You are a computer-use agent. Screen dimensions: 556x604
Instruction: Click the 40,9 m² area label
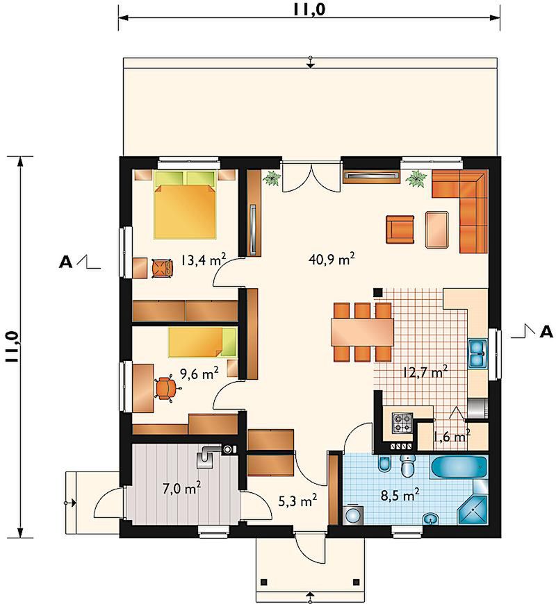tap(332, 259)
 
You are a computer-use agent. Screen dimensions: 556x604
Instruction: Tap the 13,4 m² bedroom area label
tap(203, 260)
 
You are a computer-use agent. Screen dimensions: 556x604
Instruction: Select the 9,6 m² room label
tap(199, 373)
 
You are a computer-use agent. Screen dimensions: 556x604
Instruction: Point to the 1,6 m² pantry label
tap(452, 437)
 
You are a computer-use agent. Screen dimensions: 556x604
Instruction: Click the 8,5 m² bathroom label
tap(400, 495)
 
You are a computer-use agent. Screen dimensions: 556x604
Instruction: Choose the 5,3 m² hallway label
tap(297, 501)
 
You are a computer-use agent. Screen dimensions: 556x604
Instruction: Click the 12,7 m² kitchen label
tap(425, 373)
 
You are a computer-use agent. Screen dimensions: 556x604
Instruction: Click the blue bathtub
tap(459, 467)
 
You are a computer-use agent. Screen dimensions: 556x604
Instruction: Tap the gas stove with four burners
tap(402, 423)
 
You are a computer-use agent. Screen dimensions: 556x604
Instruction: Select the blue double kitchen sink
tap(477, 354)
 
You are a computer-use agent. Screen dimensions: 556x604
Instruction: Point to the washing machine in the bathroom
tap(352, 514)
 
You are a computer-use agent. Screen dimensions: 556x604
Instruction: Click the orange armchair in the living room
tap(400, 229)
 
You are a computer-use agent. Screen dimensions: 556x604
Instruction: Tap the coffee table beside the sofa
tap(438, 229)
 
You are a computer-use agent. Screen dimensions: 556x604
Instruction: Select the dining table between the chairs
tap(362, 332)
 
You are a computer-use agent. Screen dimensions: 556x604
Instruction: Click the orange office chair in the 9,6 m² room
tap(166, 388)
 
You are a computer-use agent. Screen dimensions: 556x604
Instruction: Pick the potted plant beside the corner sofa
tap(416, 178)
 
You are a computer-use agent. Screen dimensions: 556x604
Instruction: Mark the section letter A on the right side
tap(546, 332)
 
